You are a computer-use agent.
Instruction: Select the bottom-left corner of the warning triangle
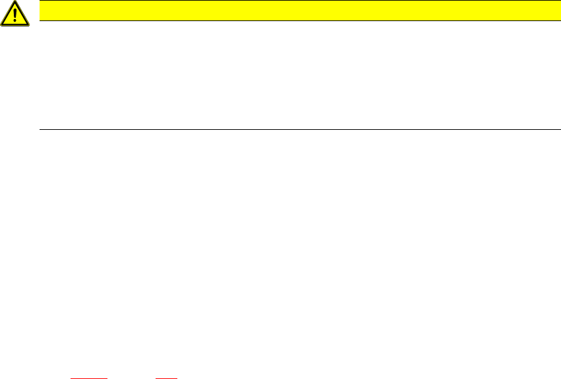click(1, 25)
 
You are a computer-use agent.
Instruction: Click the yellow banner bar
click(296, 11)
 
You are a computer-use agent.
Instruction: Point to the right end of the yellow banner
click(551, 11)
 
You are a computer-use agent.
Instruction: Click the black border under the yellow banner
click(296, 20)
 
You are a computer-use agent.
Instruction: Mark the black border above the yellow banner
click(296, 1)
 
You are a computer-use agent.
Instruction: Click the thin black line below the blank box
click(296, 129)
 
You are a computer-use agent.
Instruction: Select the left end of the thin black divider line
click(41, 129)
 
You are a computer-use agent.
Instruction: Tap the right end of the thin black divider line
click(551, 129)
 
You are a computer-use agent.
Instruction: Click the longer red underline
click(89, 378)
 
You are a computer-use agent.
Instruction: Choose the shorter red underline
click(167, 378)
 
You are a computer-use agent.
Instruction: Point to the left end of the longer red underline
click(71, 378)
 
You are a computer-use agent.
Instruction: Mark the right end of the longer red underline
click(107, 378)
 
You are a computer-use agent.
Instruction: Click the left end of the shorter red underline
click(156, 378)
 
